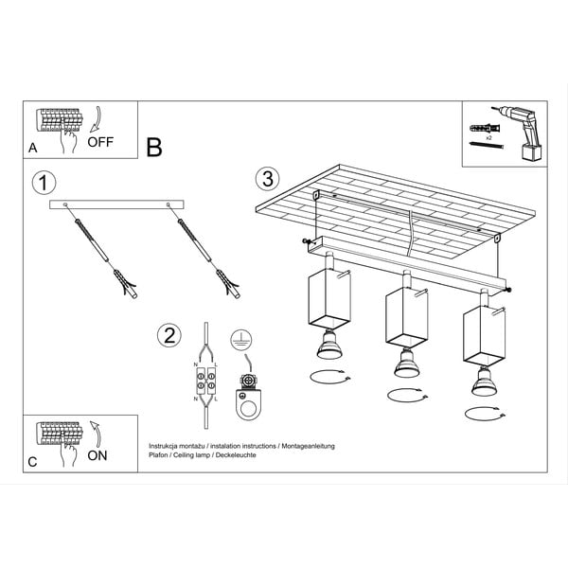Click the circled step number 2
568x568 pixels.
point(169,334)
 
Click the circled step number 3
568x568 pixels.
point(269,177)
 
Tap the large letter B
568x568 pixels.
point(154,147)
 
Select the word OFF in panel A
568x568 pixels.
point(101,143)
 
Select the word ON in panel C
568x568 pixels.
point(98,454)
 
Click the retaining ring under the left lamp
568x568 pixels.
point(330,378)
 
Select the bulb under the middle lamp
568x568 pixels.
point(405,364)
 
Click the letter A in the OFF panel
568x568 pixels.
point(33,149)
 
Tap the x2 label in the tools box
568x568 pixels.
point(489,139)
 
